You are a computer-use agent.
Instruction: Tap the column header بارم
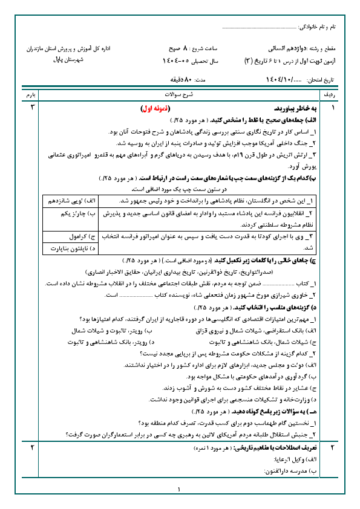tap(30, 96)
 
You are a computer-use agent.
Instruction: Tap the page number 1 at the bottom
tap(180, 490)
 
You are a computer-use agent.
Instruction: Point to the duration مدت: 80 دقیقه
tap(188, 80)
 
